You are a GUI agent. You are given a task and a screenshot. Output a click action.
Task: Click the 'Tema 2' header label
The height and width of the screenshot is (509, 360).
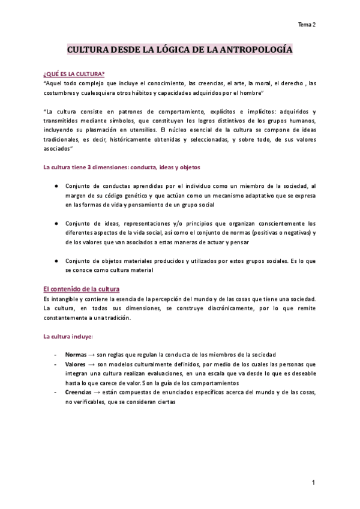pos(307,25)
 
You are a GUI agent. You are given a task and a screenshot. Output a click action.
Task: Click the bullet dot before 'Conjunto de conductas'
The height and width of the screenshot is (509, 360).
pos(56,186)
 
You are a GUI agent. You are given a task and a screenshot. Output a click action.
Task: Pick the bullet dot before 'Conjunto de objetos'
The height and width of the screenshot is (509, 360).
pos(56,261)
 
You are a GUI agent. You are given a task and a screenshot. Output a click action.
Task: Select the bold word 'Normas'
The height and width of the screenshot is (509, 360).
pos(77,355)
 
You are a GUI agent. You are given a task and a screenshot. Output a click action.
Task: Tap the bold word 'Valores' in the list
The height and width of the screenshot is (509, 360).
pos(76,364)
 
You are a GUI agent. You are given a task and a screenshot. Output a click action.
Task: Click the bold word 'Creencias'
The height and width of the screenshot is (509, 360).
pos(79,392)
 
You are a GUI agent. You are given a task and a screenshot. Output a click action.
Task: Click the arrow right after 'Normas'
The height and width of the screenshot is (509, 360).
pos(94,355)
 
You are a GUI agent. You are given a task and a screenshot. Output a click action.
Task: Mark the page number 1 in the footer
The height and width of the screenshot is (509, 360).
pos(313,483)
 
